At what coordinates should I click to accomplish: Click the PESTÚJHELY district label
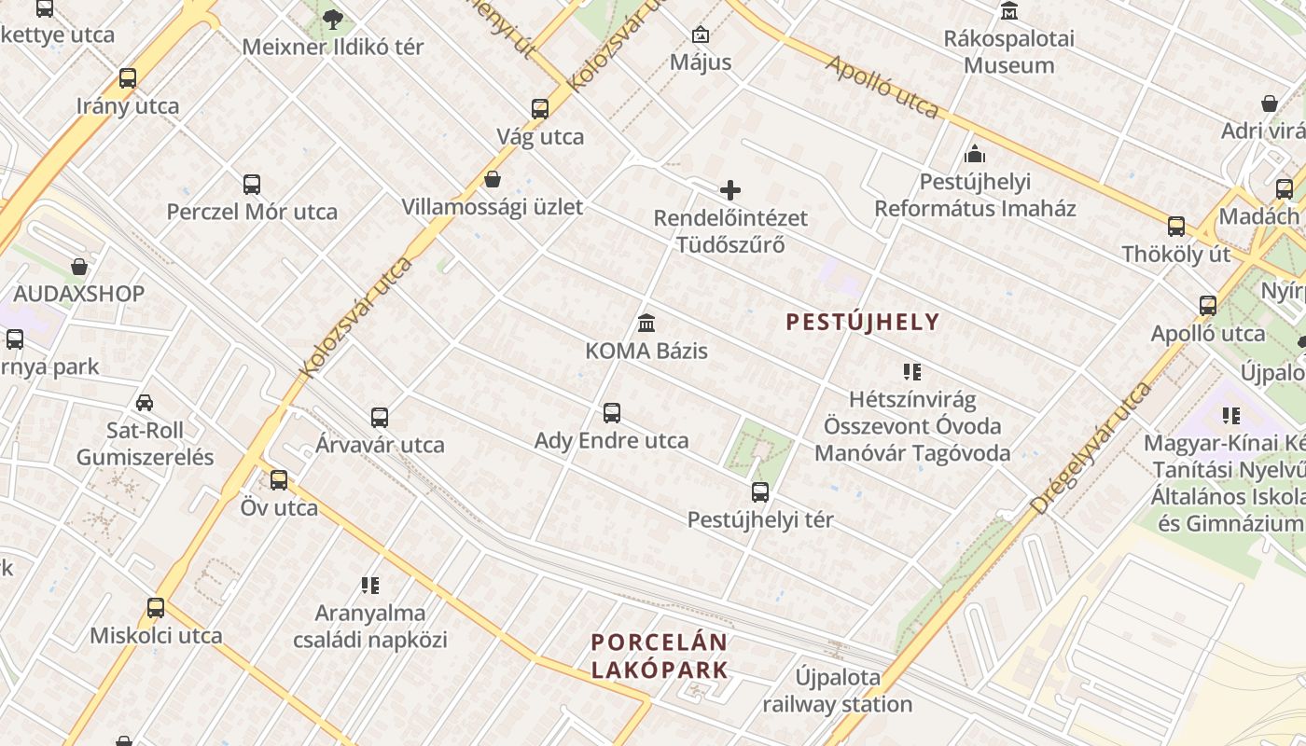[x=863, y=323]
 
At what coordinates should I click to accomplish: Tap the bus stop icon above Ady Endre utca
[x=612, y=412]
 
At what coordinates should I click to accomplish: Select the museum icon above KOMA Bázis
[x=646, y=324]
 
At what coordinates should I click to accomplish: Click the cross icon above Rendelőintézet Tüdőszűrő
[x=730, y=191]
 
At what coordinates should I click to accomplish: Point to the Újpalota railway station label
[x=838, y=690]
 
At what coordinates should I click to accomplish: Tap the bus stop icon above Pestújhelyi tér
[x=760, y=491]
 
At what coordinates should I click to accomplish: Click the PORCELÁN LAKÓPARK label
[x=660, y=656]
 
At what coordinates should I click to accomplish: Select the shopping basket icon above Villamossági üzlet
[x=493, y=179]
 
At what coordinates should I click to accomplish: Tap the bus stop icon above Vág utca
[x=540, y=109]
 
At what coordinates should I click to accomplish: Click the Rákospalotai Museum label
[x=1009, y=52]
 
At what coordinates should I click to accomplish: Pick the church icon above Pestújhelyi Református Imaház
[x=975, y=154]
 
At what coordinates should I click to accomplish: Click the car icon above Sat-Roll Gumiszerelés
[x=145, y=403]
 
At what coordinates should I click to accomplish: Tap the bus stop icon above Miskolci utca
[x=156, y=608]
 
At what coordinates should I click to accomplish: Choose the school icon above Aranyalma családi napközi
[x=370, y=586]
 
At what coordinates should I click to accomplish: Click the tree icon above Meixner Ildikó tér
[x=333, y=19]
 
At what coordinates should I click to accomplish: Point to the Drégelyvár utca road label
[x=1091, y=448]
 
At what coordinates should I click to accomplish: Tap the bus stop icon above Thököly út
[x=1176, y=226]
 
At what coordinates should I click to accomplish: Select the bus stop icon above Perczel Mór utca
[x=252, y=184]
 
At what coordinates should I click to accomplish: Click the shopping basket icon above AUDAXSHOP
[x=79, y=267]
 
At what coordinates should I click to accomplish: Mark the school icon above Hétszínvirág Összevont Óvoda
[x=912, y=372]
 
